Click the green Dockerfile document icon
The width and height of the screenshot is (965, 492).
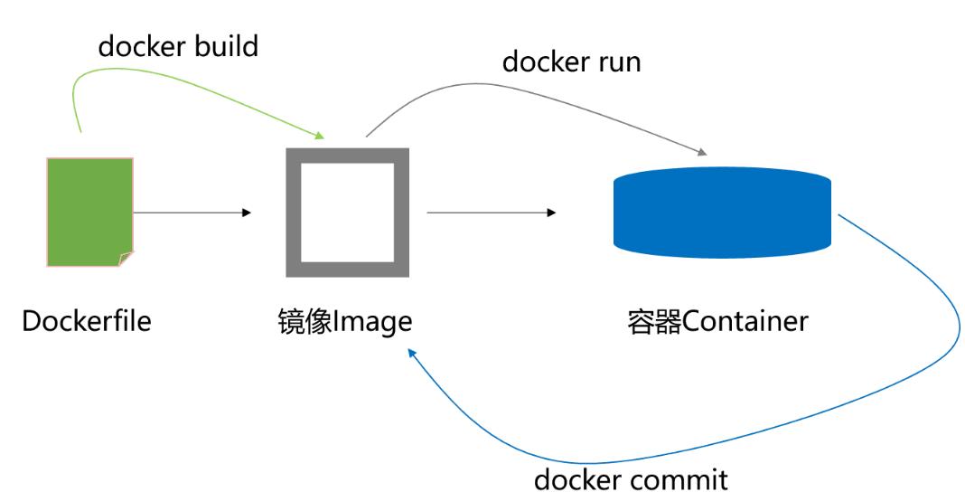click(89, 212)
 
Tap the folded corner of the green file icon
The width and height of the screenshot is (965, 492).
click(126, 260)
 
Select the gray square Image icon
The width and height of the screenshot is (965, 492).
click(348, 213)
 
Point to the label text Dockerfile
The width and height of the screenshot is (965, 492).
click(87, 321)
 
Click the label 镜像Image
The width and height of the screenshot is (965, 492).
click(344, 322)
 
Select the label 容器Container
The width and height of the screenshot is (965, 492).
click(717, 322)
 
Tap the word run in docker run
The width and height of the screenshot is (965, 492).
click(615, 62)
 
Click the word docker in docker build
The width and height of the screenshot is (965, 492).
click(137, 46)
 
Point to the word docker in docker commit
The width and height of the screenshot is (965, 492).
click(575, 478)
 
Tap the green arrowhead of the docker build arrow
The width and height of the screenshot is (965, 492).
click(319, 137)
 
